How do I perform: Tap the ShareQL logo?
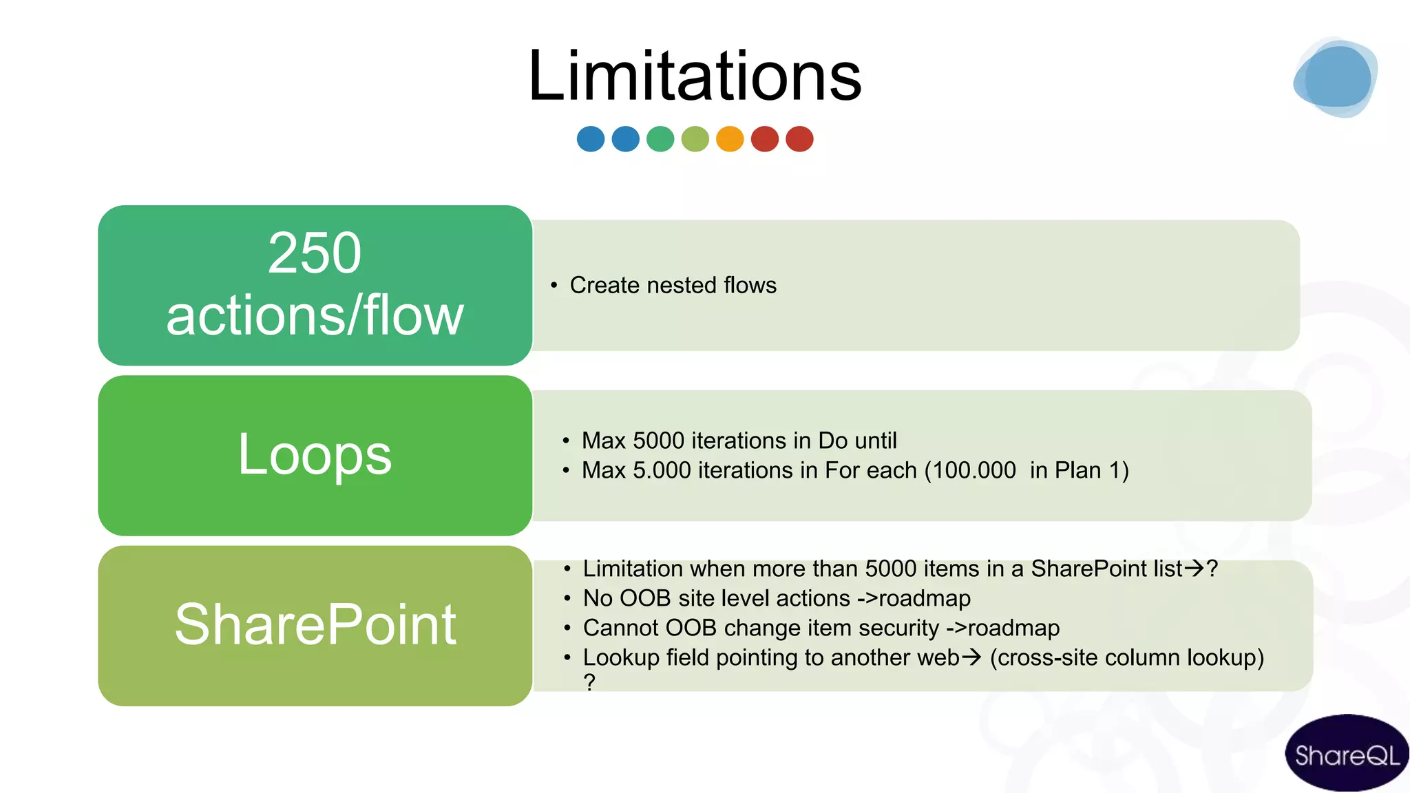[x=1347, y=754]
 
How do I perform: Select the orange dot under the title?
[x=730, y=139]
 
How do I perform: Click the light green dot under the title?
[x=695, y=139]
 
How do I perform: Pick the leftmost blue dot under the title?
[x=591, y=139]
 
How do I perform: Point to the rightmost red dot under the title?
[x=799, y=139]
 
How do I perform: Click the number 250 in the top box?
[x=315, y=253]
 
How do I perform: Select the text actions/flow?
[x=315, y=315]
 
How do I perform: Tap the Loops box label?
[x=315, y=454]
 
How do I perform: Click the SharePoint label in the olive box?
[x=315, y=624]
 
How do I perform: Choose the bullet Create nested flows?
[x=673, y=285]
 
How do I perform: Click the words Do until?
[x=857, y=441]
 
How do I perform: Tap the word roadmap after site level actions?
[x=924, y=598]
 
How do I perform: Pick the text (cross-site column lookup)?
[x=1127, y=657]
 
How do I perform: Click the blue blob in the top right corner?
[x=1334, y=78]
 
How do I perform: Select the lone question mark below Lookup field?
[x=589, y=681]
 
